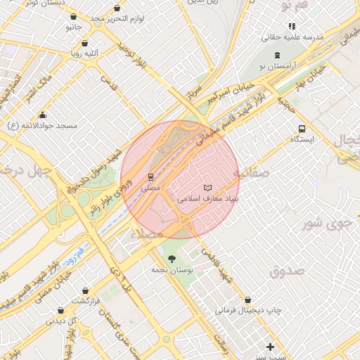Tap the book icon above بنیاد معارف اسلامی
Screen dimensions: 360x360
[x=207, y=188]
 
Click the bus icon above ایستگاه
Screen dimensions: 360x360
[x=302, y=129]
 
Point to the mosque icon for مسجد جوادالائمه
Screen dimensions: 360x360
[x=43, y=115]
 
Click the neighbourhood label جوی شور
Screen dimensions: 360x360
[x=326, y=224]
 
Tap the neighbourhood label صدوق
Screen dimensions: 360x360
[x=286, y=270]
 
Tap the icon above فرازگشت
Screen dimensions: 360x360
[x=86, y=290]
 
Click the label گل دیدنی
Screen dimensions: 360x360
[x=62, y=321]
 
